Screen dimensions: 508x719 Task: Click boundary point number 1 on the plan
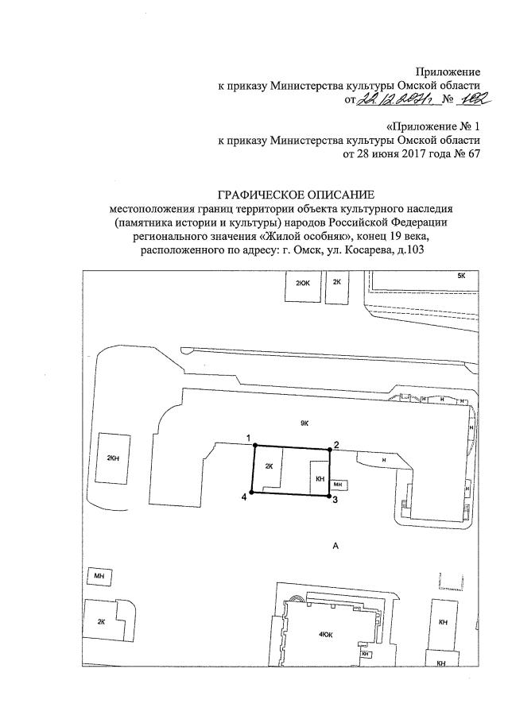(x=254, y=446)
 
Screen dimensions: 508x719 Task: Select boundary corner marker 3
(x=329, y=497)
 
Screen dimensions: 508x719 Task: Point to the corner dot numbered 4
(x=251, y=493)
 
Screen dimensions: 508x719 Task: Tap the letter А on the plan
(x=335, y=546)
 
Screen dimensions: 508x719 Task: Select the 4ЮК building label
(x=325, y=633)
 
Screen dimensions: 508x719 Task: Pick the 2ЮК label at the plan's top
(x=303, y=282)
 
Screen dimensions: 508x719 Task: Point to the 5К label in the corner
(x=460, y=275)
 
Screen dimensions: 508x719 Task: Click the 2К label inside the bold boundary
(x=269, y=466)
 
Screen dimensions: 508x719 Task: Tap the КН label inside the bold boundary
(x=320, y=479)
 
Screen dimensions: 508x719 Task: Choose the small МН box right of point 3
(x=339, y=484)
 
